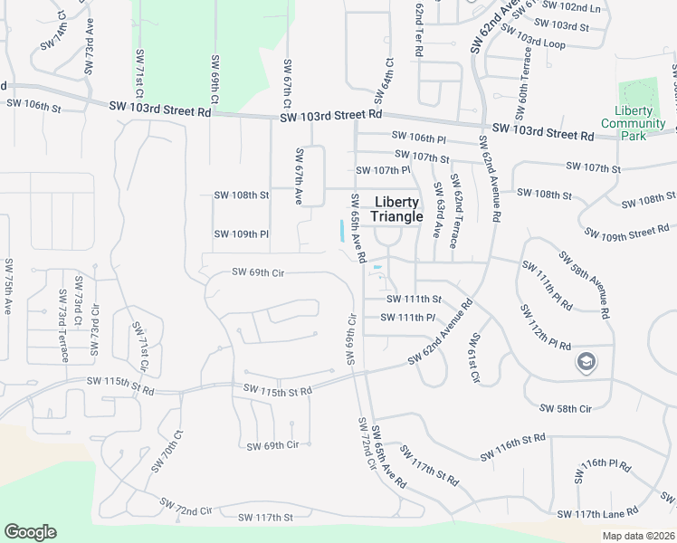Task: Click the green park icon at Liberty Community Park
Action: pyautogui.click(x=639, y=93)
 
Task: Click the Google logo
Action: pyautogui.click(x=30, y=532)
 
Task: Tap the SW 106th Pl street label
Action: pyautogui.click(x=419, y=138)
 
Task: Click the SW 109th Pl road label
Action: pyautogui.click(x=242, y=234)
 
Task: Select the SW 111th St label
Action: pyautogui.click(x=414, y=299)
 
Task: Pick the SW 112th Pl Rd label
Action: pyautogui.click(x=545, y=323)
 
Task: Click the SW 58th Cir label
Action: pyautogui.click(x=565, y=409)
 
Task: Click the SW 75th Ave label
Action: pyautogui.click(x=7, y=292)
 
